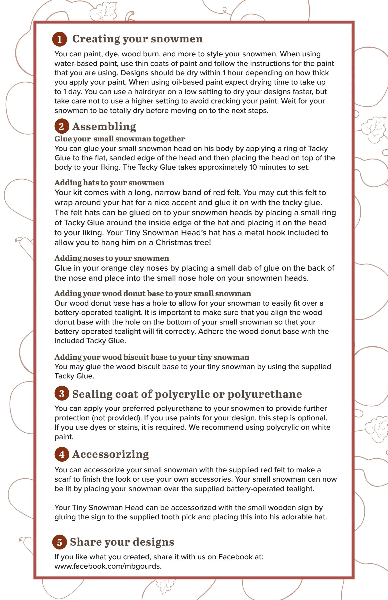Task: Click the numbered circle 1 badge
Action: [60, 39]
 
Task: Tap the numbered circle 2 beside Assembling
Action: [62, 126]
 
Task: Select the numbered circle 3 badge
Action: [62, 394]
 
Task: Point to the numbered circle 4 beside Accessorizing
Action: [62, 454]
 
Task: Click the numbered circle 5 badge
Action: [60, 542]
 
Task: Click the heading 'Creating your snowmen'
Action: [137, 39]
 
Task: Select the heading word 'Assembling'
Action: [104, 126]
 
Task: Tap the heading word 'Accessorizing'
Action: [110, 454]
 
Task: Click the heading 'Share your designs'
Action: [122, 542]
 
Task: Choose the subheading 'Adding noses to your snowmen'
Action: [112, 258]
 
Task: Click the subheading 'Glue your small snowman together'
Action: [120, 139]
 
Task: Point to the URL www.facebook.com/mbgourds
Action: [108, 566]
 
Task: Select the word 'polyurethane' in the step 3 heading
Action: [265, 394]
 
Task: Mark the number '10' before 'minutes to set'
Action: [253, 167]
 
